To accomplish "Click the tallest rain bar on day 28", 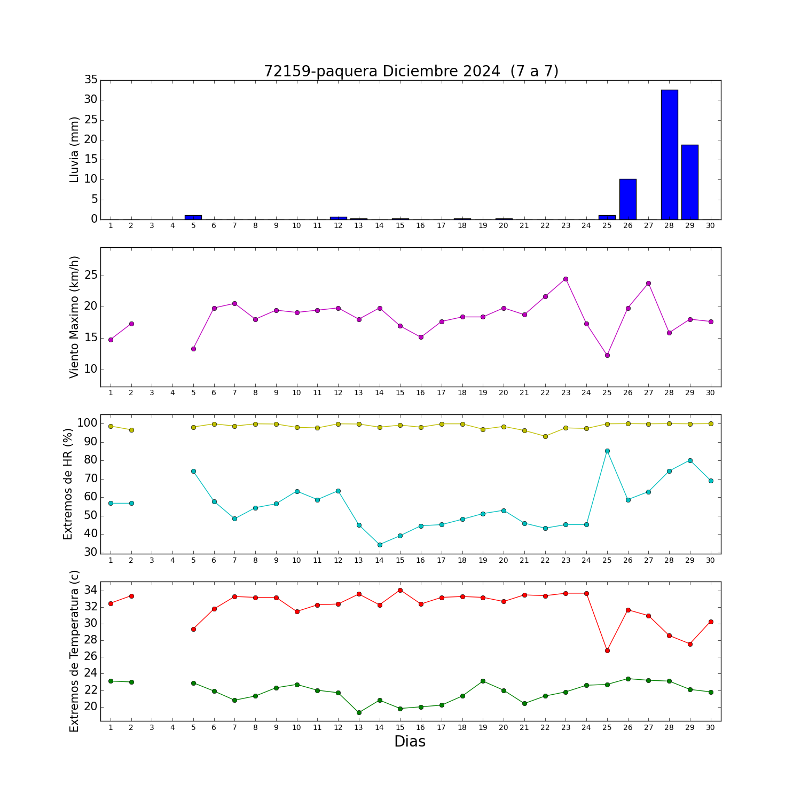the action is pos(669,155).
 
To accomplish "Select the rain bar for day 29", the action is pos(690,182).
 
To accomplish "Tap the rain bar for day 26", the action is pos(628,199).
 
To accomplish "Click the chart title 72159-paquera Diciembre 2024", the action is pos(382,72).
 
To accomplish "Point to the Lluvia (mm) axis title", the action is pos(74,150).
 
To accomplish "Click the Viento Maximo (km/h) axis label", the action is pos(74,317).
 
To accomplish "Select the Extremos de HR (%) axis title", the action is pos(68,484).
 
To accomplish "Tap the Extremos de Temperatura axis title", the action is pos(74,651).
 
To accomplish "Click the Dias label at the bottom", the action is pos(410,742).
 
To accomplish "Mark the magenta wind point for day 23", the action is pos(566,279).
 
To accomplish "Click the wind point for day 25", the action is pos(607,355).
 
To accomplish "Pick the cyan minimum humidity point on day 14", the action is pos(380,545).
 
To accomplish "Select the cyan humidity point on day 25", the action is pos(607,451).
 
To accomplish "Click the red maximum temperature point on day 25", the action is pos(607,650).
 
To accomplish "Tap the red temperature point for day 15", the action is pos(400,590).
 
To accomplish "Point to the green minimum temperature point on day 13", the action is pos(359,712).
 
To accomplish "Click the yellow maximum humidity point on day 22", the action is pos(545,436).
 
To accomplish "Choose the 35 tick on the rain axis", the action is pos(91,80).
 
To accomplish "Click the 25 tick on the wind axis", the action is pos(91,276).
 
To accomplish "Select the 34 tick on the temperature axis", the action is pos(91,590).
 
